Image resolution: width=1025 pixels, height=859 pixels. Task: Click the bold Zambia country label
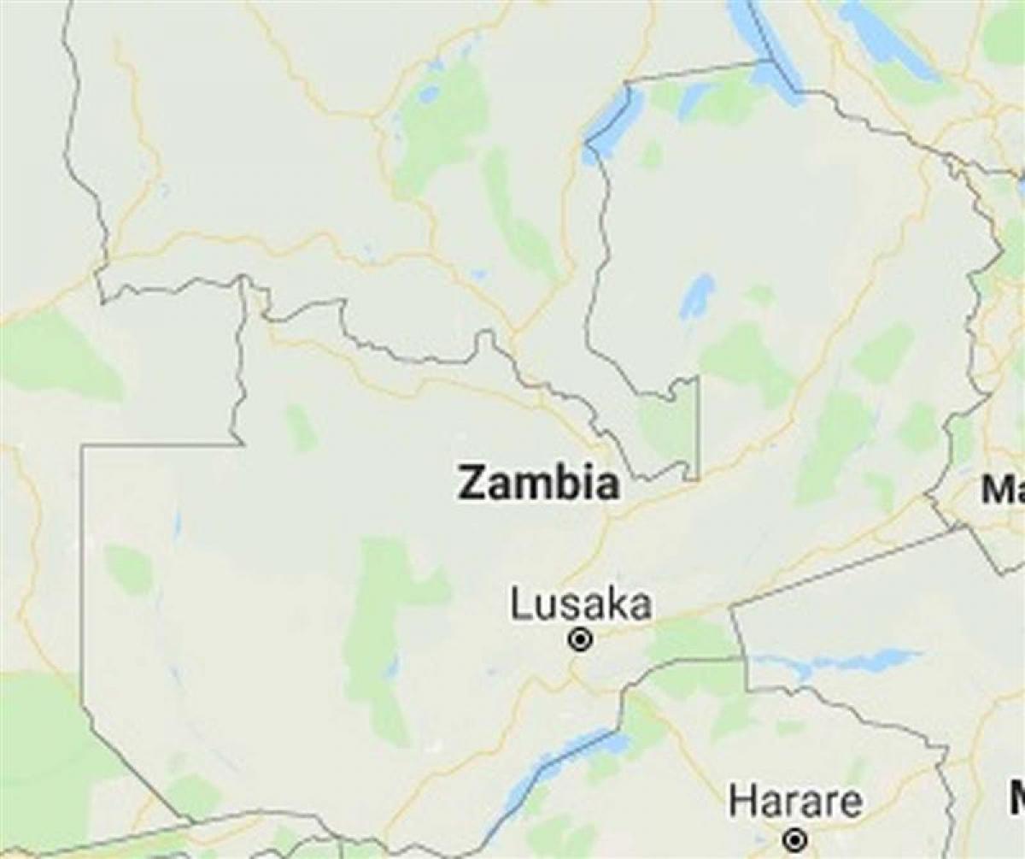pyautogui.click(x=538, y=483)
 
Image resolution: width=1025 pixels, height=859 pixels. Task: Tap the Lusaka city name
pyautogui.click(x=581, y=604)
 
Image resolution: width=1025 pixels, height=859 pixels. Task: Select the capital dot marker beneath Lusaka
pyautogui.click(x=581, y=639)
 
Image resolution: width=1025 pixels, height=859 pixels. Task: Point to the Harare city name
pyautogui.click(x=795, y=803)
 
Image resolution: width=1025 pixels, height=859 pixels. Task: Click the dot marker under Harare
pyautogui.click(x=795, y=839)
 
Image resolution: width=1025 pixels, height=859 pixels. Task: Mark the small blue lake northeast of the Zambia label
pyautogui.click(x=698, y=296)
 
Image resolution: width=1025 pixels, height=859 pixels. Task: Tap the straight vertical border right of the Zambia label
pyautogui.click(x=699, y=427)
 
